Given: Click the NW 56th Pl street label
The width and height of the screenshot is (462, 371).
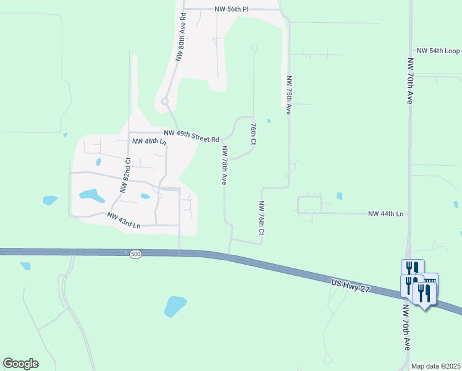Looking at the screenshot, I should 231,9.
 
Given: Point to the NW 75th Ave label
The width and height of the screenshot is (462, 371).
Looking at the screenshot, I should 288,95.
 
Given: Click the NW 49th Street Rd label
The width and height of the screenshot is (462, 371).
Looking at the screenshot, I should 191,136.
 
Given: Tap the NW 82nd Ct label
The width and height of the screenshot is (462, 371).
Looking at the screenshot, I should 125,176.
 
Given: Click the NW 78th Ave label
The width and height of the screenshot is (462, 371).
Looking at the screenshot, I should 225,165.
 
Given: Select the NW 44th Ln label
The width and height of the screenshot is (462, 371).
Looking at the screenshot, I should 385,213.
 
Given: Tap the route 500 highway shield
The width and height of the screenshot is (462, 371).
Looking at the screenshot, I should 135,254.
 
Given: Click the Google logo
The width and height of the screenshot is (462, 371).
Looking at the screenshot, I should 20,364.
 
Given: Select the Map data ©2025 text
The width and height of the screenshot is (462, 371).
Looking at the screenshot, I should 435,366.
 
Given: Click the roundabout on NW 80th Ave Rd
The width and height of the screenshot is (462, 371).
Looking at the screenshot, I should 165,101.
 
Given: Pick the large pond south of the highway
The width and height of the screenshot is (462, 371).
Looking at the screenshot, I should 175,305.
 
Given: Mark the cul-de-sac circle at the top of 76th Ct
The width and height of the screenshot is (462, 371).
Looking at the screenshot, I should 253,48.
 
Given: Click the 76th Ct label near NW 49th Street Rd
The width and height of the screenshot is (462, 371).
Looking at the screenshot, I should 253,133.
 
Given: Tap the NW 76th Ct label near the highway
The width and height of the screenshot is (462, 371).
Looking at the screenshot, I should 261,218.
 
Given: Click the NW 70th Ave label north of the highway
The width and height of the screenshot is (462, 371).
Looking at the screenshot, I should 409,81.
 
